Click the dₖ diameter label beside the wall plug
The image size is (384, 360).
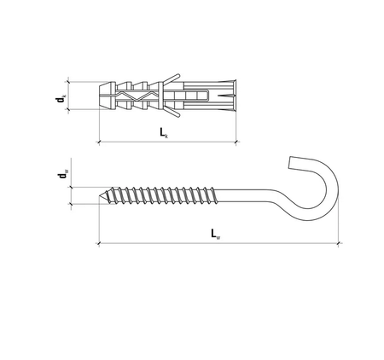click(x=61, y=99)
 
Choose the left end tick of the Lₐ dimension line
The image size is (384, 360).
click(x=99, y=243)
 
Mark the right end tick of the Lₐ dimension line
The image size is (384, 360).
click(x=339, y=243)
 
